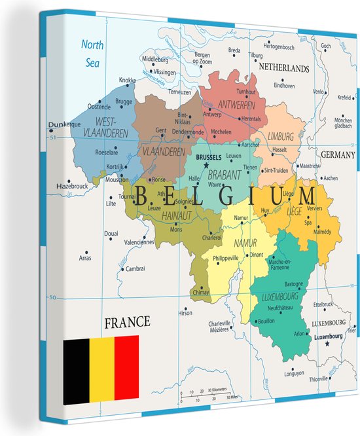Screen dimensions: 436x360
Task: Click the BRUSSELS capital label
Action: (209, 158)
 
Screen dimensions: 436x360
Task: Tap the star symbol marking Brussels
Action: (206, 166)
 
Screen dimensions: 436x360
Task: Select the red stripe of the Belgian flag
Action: (126, 369)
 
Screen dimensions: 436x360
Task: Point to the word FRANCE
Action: (127, 322)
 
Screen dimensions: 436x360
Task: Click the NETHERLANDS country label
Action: (283, 68)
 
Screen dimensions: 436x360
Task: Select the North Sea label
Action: (92, 52)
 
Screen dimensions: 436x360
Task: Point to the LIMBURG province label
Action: (280, 136)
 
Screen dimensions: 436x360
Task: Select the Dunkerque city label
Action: (63, 124)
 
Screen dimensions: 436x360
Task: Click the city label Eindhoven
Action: (285, 85)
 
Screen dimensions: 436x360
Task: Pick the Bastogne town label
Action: (293, 283)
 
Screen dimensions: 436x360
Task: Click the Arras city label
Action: (85, 258)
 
